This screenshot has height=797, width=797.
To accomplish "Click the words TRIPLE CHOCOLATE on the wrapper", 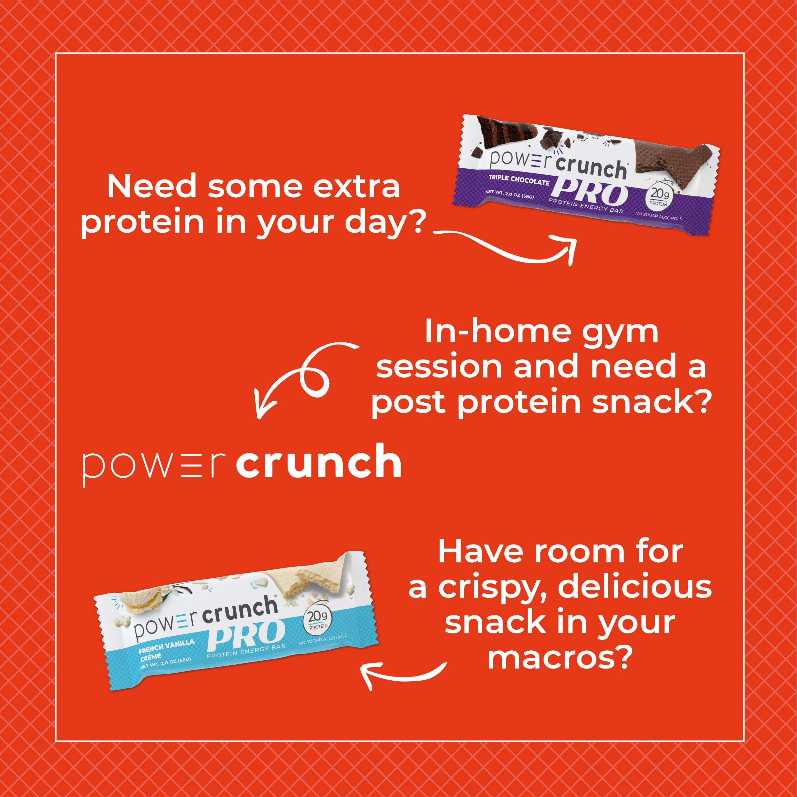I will coord(519,180).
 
